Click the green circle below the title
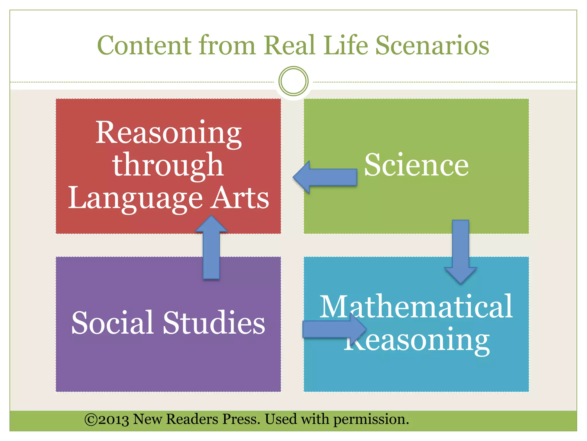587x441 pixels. click(293, 81)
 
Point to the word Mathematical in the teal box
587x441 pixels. click(416, 307)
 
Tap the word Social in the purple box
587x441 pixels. click(112, 323)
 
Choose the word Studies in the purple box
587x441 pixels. click(214, 323)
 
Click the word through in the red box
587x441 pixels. click(168, 166)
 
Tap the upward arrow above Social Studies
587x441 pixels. click(211, 247)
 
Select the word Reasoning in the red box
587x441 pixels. click(169, 133)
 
